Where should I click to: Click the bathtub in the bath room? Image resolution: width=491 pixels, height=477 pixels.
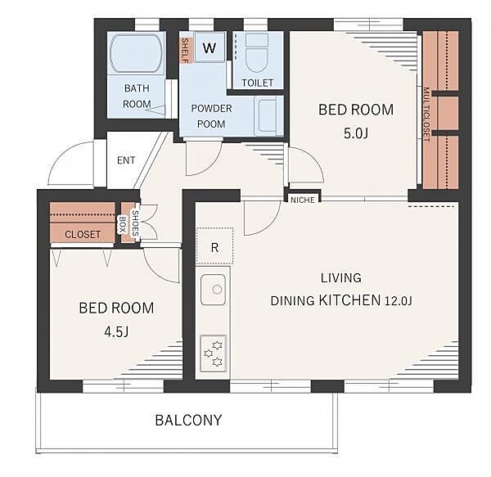[x=136, y=53]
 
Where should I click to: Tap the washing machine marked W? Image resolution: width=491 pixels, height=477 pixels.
[x=209, y=47]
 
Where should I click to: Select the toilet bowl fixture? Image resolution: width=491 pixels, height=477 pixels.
[x=257, y=52]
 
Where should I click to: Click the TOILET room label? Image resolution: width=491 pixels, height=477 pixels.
[x=258, y=83]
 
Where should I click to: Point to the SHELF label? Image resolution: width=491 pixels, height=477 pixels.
[x=186, y=51]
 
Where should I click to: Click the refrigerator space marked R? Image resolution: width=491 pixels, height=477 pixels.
[x=214, y=246]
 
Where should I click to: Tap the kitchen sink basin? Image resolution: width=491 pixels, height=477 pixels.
[x=213, y=290]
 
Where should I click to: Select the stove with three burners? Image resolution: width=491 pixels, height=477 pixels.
[x=213, y=353]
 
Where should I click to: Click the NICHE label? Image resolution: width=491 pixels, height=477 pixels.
[x=303, y=200]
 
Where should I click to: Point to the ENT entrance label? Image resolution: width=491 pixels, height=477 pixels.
[x=126, y=160]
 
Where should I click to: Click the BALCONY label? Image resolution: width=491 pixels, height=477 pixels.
[x=188, y=420]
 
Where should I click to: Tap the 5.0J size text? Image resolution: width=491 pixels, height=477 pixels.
[x=356, y=133]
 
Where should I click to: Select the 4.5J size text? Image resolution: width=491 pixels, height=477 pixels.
[x=116, y=331]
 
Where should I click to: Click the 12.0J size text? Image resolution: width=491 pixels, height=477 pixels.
[x=398, y=301]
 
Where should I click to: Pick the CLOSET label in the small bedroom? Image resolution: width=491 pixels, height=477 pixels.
[x=83, y=235]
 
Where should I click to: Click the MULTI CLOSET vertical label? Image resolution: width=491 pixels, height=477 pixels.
[x=426, y=115]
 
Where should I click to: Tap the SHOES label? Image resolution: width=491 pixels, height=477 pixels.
[x=135, y=223]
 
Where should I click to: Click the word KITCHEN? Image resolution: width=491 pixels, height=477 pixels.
[x=349, y=300]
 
